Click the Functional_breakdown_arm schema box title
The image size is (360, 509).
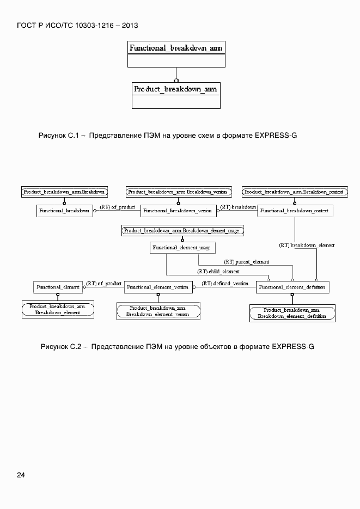coord(176,48)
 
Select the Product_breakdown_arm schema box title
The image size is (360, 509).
coord(175,88)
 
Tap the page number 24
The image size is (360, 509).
coord(21,475)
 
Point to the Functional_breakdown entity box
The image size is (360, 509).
coord(64,211)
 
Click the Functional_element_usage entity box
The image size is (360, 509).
coord(182,248)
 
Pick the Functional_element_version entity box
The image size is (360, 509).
coord(158,287)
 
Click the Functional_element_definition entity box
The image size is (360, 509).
coord(292,287)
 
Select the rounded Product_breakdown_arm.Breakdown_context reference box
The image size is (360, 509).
coord(294,192)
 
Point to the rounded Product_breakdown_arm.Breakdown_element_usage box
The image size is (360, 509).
coord(181,231)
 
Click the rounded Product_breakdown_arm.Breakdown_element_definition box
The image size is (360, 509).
coord(292,313)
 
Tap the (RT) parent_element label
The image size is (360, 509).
coord(246,261)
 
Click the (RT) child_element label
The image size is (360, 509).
coord(218,271)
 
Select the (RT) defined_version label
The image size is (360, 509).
coord(225,284)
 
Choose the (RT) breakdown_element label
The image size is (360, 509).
coord(306,246)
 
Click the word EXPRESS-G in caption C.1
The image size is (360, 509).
coord(275,134)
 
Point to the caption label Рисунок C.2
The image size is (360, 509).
coord(60,346)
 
